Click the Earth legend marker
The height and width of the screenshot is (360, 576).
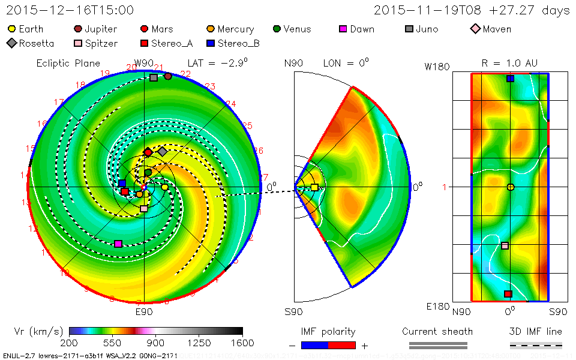pyautogui.click(x=12, y=29)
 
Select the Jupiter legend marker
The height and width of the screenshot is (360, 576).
pyautogui.click(x=78, y=29)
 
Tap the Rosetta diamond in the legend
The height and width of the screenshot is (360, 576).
pyautogui.click(x=12, y=43)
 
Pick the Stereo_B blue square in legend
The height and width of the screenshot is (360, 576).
pyautogui.click(x=211, y=43)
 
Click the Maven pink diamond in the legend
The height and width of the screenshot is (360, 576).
pyautogui.click(x=475, y=29)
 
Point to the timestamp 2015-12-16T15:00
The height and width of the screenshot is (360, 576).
pyautogui.click(x=70, y=10)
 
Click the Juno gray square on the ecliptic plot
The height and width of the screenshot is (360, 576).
pyautogui.click(x=154, y=77)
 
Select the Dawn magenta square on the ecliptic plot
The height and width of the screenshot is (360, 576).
pyautogui.click(x=118, y=244)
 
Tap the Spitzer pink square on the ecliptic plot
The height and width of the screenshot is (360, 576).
pyautogui.click(x=143, y=209)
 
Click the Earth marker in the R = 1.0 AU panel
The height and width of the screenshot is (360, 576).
pyautogui.click(x=510, y=187)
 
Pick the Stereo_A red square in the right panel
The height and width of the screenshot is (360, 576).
pyautogui.click(x=508, y=294)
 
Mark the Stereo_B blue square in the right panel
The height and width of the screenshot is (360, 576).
pyautogui.click(x=510, y=79)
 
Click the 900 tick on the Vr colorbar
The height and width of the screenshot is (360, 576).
pyautogui.click(x=156, y=342)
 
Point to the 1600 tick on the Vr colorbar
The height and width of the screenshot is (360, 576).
pyautogui.click(x=242, y=342)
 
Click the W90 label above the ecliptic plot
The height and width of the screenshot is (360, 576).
pyautogui.click(x=144, y=63)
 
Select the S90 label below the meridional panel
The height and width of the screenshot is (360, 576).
pyautogui.click(x=293, y=312)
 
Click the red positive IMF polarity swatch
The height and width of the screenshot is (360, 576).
pyautogui.click(x=342, y=345)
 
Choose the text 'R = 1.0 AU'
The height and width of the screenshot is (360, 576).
pyautogui.click(x=509, y=63)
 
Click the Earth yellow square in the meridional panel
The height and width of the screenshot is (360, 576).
pyautogui.click(x=314, y=188)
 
